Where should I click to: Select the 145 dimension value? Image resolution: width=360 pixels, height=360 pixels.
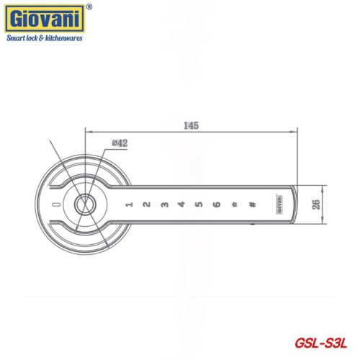tap(190, 125)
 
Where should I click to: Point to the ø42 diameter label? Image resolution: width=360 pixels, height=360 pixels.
tap(120, 143)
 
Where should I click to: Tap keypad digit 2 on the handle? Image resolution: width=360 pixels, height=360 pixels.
tap(146, 205)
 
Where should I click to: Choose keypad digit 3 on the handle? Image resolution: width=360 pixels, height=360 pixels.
tap(163, 205)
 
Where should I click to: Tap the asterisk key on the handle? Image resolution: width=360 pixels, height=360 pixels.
tap(234, 205)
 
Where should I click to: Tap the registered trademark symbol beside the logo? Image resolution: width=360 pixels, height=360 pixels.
tap(89, 7)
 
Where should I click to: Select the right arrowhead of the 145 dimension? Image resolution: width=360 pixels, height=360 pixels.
tap(294, 132)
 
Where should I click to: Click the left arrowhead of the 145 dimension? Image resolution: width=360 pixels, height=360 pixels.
tap(89, 132)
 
